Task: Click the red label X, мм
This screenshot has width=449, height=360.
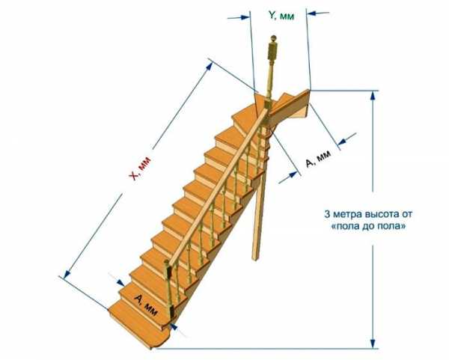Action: click(140, 168)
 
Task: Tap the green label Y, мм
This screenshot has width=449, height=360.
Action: click(281, 16)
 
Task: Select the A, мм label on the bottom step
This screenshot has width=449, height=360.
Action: click(146, 305)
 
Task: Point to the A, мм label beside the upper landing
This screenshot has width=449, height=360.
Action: click(319, 159)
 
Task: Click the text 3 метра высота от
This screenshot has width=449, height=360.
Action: click(368, 214)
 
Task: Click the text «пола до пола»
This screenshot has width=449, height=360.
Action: click(368, 226)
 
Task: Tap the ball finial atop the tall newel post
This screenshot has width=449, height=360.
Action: click(273, 38)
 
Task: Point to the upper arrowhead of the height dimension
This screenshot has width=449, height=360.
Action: click(373, 97)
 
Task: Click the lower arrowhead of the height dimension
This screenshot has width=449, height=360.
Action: click(373, 343)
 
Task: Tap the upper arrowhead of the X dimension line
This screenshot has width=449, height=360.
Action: click(209, 66)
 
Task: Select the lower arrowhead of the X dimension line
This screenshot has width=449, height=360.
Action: click(67, 274)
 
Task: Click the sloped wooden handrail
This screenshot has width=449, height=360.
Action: click(219, 186)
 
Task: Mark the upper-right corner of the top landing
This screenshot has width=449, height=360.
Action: click(309, 90)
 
